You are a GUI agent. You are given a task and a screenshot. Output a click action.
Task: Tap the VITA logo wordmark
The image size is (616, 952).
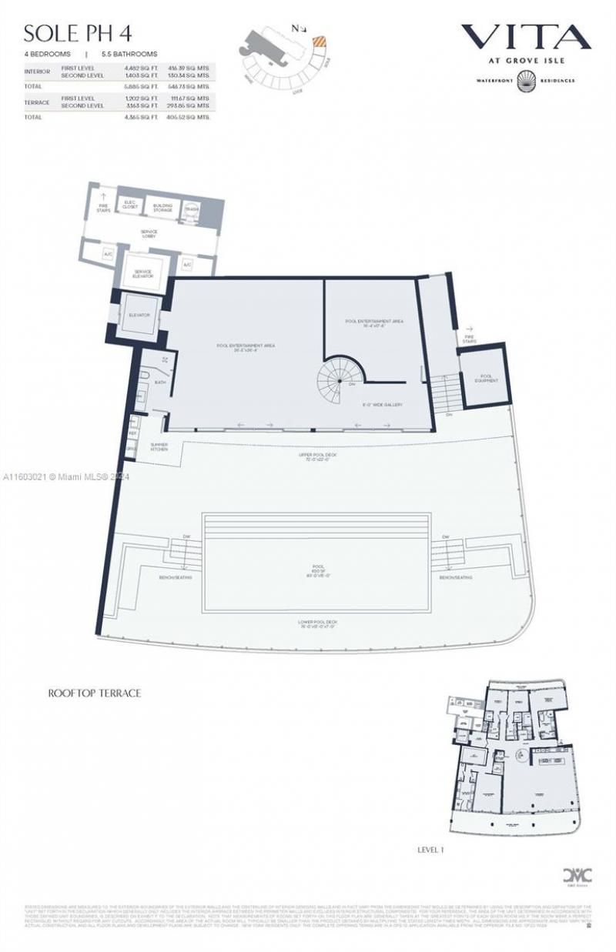526,36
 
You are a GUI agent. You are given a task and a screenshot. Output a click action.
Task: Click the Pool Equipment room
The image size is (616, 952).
486,379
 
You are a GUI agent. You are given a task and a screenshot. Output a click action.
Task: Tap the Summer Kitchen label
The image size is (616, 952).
159,446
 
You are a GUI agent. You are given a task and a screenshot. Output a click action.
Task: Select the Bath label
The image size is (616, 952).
160,382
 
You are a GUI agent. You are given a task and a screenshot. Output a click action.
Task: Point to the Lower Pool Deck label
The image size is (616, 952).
318,623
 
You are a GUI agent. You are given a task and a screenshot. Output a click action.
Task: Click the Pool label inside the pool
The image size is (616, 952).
318,570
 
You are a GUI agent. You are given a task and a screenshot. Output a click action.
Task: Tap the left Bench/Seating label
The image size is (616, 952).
176,576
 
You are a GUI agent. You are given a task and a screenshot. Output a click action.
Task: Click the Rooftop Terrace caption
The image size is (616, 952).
95,693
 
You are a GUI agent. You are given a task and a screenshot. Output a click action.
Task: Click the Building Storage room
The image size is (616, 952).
162,206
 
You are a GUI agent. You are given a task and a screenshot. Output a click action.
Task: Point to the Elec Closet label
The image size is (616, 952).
129,204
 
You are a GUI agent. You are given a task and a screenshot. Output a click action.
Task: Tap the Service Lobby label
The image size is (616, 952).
149,234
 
